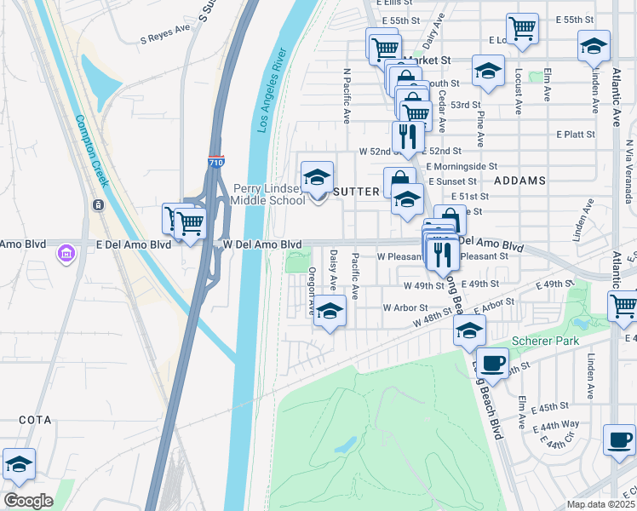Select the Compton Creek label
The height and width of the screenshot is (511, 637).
pyautogui.click(x=91, y=152)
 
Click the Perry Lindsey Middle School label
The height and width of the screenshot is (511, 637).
pyautogui.click(x=269, y=194)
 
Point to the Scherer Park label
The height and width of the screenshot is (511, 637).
pyautogui.click(x=545, y=342)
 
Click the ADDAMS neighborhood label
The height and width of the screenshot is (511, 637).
pyautogui.click(x=519, y=181)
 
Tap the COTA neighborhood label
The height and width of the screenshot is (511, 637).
pyautogui.click(x=34, y=421)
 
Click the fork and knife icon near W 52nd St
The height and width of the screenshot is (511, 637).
pyautogui.click(x=408, y=136)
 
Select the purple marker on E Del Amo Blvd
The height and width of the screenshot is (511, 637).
pyautogui.click(x=66, y=253)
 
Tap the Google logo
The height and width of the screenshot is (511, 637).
pyautogui.click(x=28, y=501)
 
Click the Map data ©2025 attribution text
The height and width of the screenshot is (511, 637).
pyautogui.click(x=600, y=504)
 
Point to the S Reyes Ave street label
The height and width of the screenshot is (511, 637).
pyautogui.click(x=165, y=37)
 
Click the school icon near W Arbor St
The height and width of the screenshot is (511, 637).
pyautogui.click(x=330, y=312)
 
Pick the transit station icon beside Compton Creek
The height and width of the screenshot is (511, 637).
pyautogui.click(x=99, y=205)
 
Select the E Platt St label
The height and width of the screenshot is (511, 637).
pyautogui.click(x=576, y=135)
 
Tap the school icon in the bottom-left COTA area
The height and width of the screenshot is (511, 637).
pyautogui.click(x=19, y=464)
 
